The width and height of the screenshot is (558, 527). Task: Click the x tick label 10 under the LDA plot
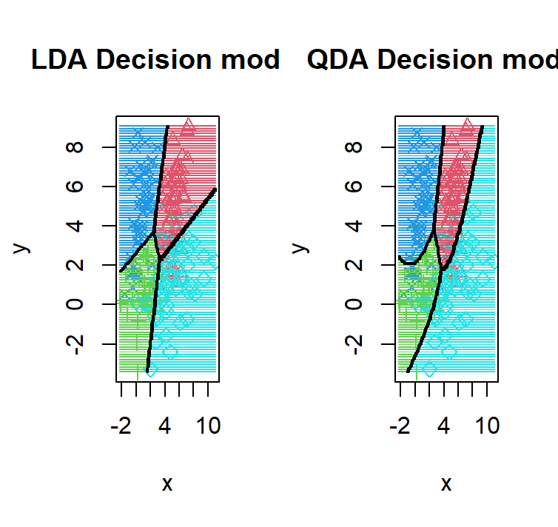(x=208, y=427)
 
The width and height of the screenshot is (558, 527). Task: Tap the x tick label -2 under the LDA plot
(x=121, y=427)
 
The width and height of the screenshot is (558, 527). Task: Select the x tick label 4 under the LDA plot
(x=164, y=427)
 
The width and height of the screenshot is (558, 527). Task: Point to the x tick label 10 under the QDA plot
(x=486, y=427)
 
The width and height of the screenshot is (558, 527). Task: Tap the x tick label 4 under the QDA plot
(x=443, y=427)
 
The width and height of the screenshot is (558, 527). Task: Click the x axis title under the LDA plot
(x=167, y=484)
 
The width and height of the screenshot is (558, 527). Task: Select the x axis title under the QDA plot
(x=446, y=484)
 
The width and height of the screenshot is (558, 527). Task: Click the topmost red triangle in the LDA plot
(x=189, y=124)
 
